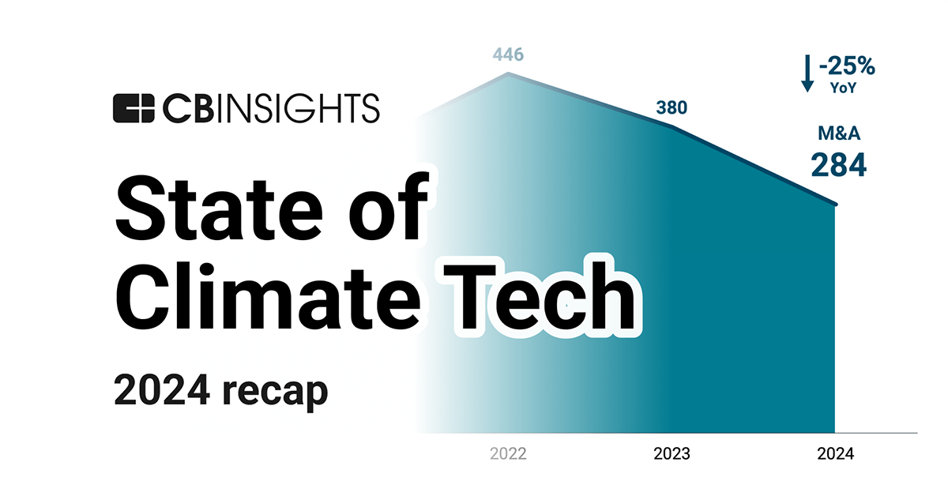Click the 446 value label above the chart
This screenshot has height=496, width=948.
tap(508, 54)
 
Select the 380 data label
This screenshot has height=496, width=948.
tap(671, 109)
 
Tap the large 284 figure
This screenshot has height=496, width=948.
tap(838, 166)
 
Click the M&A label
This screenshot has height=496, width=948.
tap(839, 135)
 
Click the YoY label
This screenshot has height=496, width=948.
tap(845, 88)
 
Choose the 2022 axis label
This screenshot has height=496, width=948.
tap(508, 454)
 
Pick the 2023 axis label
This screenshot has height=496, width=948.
tap(671, 454)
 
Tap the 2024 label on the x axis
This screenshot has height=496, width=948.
tap(835, 454)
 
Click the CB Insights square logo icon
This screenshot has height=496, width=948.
tap(133, 108)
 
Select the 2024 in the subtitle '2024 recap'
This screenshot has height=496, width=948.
tap(161, 390)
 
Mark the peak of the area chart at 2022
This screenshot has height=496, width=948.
tap(508, 74)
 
